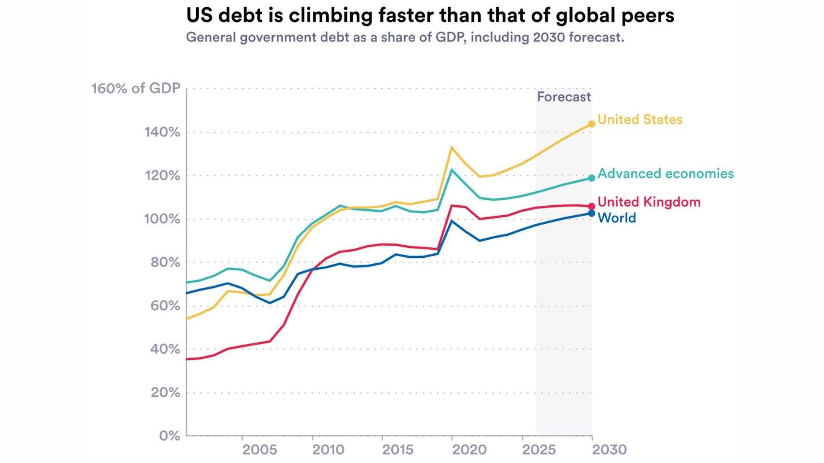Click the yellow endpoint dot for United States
[591, 124]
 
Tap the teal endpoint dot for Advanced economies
[591, 178]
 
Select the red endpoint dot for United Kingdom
[591, 206]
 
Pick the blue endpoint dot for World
[591, 213]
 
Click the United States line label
[640, 120]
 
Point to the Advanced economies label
[666, 174]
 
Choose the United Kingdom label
[649, 202]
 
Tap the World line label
[617, 218]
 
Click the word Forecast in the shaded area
[564, 97]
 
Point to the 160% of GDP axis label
[136, 88]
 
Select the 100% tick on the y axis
[162, 219]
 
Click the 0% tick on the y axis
[170, 436]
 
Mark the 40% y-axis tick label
[165, 349]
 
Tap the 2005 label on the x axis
[260, 450]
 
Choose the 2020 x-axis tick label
[470, 450]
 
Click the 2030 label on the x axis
[609, 450]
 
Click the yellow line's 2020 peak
[451, 147]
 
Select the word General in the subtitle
[211, 37]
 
